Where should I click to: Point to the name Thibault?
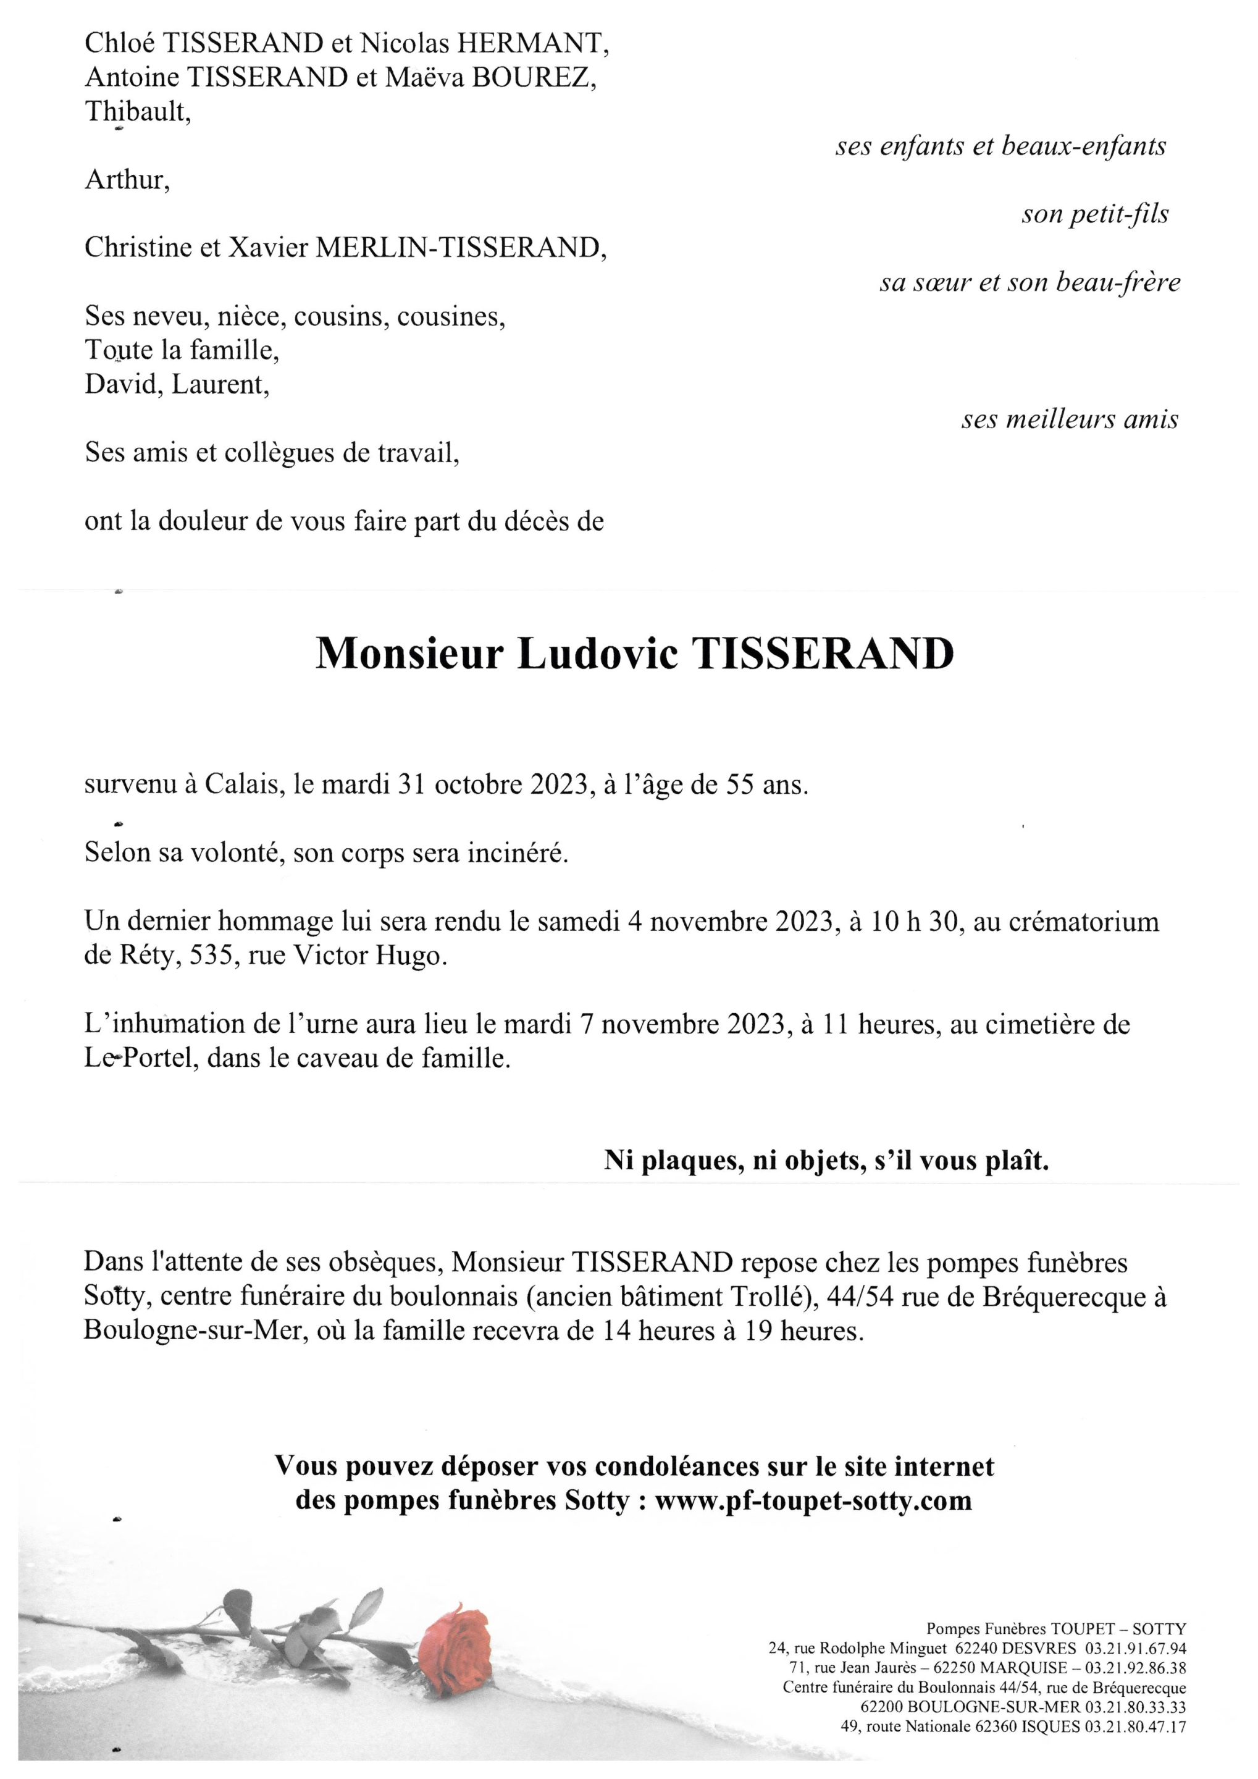(x=137, y=112)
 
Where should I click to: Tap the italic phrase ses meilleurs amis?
(x=1070, y=420)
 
